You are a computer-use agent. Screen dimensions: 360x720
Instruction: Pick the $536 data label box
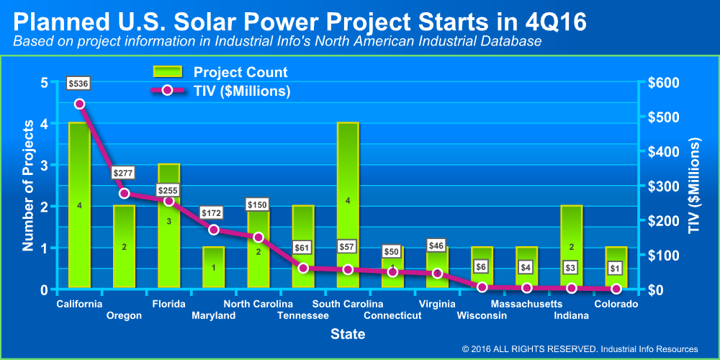click(79, 84)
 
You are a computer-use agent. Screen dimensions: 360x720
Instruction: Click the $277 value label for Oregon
click(124, 174)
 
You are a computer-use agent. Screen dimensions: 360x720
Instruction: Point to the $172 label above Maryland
click(213, 214)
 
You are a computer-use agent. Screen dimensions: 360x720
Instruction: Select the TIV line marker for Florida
click(168, 201)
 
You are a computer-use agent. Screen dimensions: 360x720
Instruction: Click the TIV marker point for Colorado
click(616, 289)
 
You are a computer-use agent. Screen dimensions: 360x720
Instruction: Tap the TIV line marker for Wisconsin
click(482, 287)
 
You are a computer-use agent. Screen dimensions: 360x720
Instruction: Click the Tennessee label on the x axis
click(303, 315)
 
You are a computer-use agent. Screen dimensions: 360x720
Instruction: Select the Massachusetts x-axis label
click(526, 304)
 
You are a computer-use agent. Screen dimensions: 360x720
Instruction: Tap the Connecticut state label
click(392, 315)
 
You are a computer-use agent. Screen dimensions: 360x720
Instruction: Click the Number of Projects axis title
click(29, 186)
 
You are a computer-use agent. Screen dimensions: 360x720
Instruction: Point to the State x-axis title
click(347, 335)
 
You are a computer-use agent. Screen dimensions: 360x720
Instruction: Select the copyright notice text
click(580, 349)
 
